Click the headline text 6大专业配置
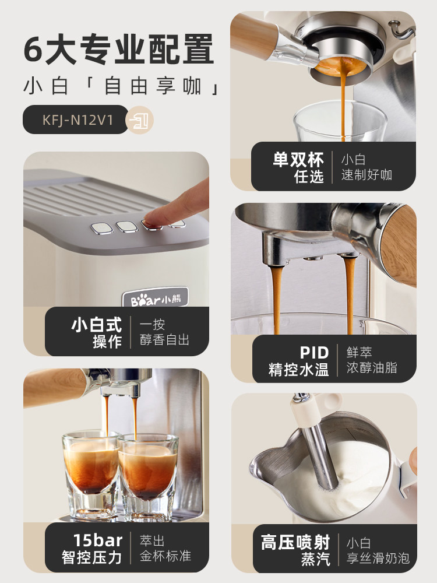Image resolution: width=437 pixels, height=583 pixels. tap(119, 49)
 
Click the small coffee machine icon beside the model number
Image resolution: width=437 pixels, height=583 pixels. tap(140, 120)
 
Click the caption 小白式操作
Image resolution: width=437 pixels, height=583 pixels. tap(97, 332)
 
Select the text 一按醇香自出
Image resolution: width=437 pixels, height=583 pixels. tap(165, 332)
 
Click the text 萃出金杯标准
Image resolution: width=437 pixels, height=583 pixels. tap(165, 548)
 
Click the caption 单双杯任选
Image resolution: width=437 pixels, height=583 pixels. tap(298, 167)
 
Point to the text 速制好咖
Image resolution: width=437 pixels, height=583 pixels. tap(366, 175)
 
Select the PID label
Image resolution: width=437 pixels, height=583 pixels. tap(314, 353)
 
